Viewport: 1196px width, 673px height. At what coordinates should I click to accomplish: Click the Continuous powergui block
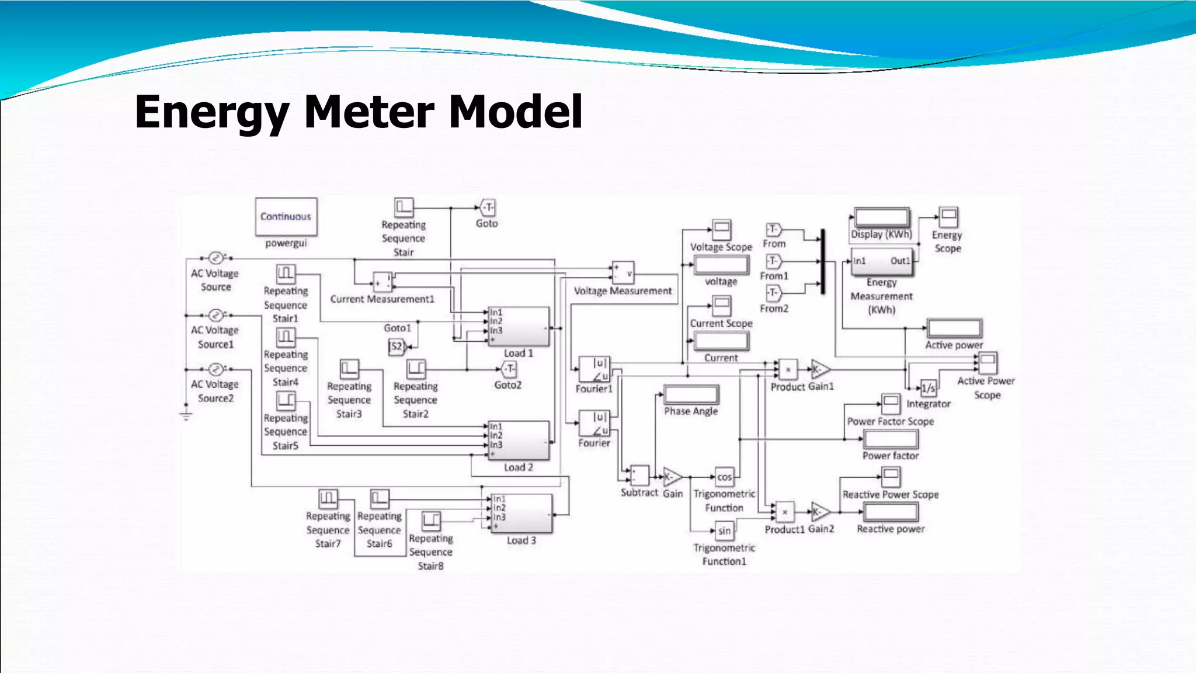click(286, 217)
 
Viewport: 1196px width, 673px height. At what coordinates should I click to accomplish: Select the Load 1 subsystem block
click(519, 327)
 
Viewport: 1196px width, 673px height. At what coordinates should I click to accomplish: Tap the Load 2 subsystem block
click(519, 440)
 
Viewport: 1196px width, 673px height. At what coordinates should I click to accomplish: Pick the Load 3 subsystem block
click(521, 513)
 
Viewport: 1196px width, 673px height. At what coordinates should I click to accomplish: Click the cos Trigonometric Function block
click(724, 477)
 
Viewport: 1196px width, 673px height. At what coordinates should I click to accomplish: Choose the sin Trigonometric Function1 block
click(724, 531)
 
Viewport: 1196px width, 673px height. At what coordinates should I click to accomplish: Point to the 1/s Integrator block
click(928, 388)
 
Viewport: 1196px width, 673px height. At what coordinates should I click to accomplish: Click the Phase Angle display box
click(691, 395)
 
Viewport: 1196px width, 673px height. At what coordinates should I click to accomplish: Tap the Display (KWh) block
click(881, 218)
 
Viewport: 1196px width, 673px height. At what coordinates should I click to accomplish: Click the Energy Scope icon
click(948, 217)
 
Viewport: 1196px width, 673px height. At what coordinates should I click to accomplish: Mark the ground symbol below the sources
click(186, 415)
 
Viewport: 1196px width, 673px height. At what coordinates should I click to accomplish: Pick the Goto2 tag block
click(509, 369)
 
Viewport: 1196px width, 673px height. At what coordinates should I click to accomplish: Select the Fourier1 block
click(594, 369)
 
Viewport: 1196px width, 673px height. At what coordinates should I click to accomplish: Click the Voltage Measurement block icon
click(623, 272)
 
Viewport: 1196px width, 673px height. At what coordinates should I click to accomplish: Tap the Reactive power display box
click(891, 512)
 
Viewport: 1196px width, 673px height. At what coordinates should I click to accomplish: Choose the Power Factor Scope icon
click(891, 403)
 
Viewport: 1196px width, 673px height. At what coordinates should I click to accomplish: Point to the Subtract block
click(639, 476)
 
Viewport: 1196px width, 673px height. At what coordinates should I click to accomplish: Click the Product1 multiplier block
click(785, 512)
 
